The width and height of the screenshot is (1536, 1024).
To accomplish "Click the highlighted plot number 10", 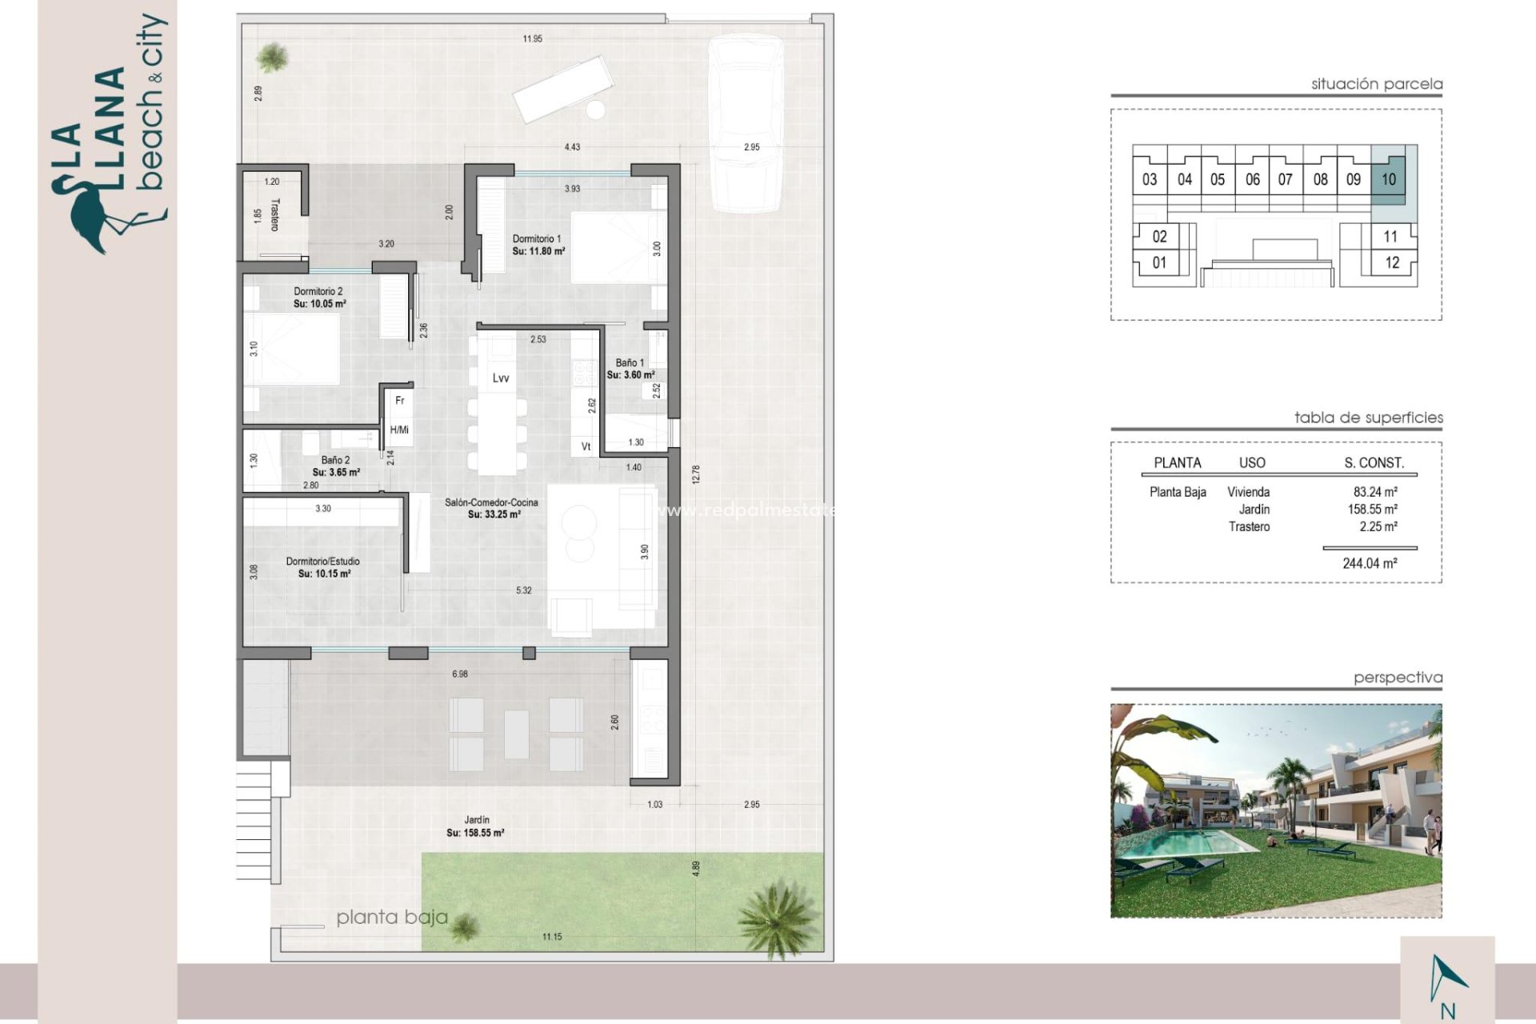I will click(1388, 179).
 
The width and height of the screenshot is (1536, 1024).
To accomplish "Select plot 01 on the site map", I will click(1159, 262).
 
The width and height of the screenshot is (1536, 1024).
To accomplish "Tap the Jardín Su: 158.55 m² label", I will click(476, 826).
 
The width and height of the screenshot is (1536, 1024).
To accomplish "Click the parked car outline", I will click(746, 124).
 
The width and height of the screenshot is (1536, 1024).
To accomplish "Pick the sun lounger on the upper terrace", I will click(562, 88).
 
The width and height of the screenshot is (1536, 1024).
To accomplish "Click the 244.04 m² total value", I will click(1370, 563).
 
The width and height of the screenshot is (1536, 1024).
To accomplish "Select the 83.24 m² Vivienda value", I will click(1375, 492).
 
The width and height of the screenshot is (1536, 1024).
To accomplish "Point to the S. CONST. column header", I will click(1374, 462).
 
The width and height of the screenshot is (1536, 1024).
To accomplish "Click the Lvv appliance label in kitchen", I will click(501, 378).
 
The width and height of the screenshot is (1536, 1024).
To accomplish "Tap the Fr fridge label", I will click(400, 400).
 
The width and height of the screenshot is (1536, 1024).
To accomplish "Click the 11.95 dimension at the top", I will click(532, 38).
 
